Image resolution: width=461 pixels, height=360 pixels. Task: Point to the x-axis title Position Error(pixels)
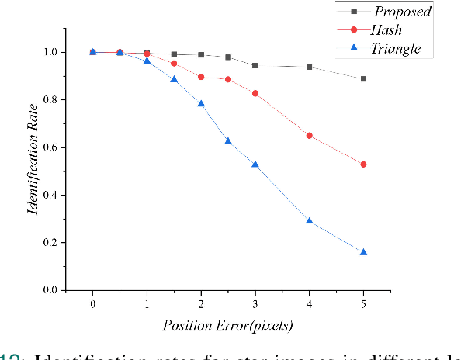[227, 325]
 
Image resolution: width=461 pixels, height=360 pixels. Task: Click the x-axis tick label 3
[255, 304]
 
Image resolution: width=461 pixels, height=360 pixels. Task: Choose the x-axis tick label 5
[363, 304]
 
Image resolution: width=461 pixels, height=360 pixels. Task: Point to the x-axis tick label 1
[147, 304]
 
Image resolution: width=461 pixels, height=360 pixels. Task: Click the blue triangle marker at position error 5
[363, 252]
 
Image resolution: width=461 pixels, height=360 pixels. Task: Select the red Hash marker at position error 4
[310, 136]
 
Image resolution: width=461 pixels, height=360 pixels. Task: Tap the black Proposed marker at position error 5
[363, 79]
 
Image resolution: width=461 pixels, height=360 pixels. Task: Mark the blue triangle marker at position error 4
[310, 221]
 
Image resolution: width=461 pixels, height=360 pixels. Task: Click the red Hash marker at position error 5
[363, 164]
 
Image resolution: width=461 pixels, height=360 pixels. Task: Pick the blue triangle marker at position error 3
[255, 164]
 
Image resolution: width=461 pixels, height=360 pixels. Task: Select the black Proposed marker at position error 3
[255, 66]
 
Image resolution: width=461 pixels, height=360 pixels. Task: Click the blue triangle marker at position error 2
[201, 104]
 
